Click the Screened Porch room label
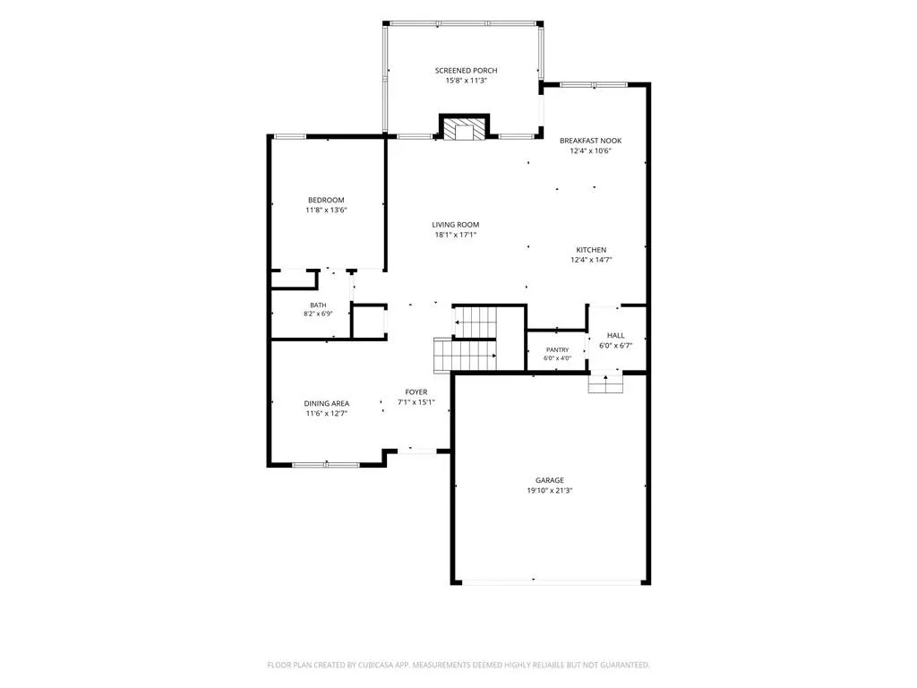click(x=466, y=70)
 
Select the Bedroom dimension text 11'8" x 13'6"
click(x=326, y=210)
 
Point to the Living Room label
click(x=456, y=225)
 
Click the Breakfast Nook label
click(x=591, y=141)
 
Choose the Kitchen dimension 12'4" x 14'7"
click(x=591, y=260)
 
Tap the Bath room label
click(x=318, y=305)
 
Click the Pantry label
click(x=557, y=350)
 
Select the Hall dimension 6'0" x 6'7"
click(x=616, y=346)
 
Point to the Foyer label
click(x=416, y=392)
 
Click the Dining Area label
click(x=326, y=403)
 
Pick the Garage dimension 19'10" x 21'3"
click(x=550, y=491)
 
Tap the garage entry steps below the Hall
click(x=606, y=383)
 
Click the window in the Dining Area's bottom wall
click(x=326, y=465)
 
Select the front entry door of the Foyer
click(x=417, y=451)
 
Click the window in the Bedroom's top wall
click(x=290, y=137)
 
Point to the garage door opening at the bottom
click(x=551, y=582)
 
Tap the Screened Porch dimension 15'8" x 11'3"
click(x=466, y=81)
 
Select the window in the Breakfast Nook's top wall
click(x=595, y=85)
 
